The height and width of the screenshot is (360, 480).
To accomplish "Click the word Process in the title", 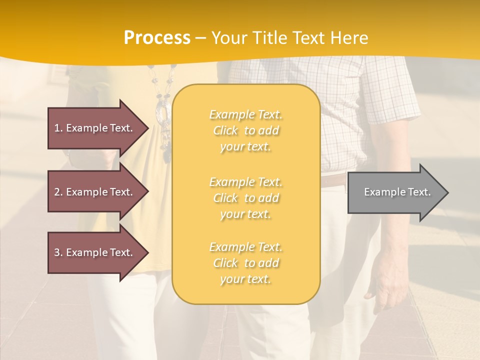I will click(x=157, y=38).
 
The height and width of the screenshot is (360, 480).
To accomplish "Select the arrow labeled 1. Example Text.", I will click(x=95, y=128).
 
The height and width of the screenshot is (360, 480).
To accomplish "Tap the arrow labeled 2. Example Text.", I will click(x=95, y=192).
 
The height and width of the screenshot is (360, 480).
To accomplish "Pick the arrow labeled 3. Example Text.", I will click(x=95, y=252).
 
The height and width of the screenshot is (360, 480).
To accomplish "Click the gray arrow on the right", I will click(x=395, y=192).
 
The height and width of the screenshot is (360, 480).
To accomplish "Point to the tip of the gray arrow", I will click(x=447, y=192).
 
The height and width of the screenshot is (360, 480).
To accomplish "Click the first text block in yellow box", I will click(x=246, y=130).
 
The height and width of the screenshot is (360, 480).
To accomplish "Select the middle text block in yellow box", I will click(x=246, y=198).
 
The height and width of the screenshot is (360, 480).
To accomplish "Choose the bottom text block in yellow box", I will click(x=246, y=263).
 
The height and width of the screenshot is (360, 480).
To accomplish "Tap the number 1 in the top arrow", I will click(x=57, y=128).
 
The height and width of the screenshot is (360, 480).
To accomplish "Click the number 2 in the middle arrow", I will click(x=57, y=192).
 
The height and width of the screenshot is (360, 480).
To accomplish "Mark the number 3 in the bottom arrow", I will click(x=57, y=252).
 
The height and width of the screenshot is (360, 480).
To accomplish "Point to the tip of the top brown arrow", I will click(x=148, y=128).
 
